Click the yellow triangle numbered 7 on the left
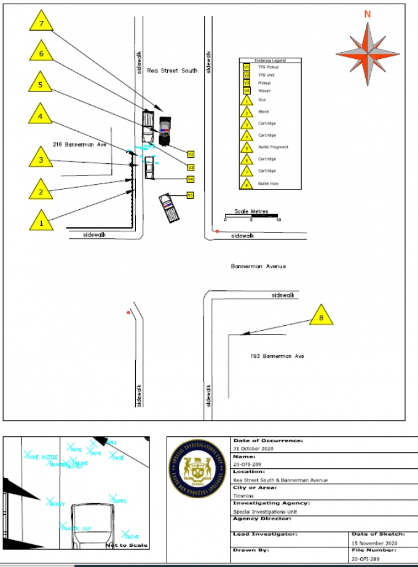coord(42,22)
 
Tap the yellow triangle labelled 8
coord(320,316)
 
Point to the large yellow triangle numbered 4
coord(41,115)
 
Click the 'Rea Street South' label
coord(172,71)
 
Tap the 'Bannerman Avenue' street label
coord(258,266)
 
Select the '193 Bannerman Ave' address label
coord(277,356)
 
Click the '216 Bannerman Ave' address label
coord(80,144)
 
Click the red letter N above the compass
coord(368,14)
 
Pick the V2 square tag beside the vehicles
coord(191,153)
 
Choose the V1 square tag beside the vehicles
coord(191,195)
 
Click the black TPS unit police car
coord(164,131)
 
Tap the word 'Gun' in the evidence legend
coord(261,99)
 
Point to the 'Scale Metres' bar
coord(251,215)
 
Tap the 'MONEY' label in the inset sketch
coord(57,504)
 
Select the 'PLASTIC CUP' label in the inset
coord(77,528)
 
